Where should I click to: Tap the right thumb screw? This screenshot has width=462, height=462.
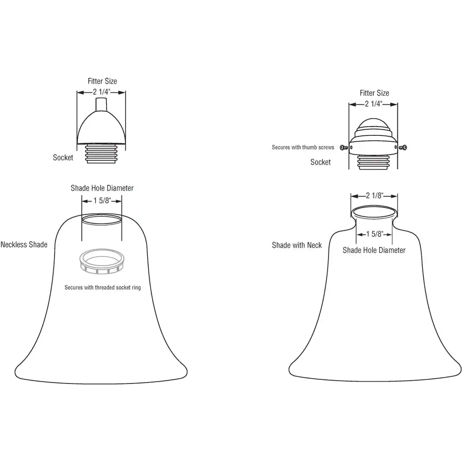tap(404, 147)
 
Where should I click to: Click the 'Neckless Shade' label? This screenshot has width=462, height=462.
tap(24, 244)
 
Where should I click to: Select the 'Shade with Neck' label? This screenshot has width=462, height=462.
tap(297, 245)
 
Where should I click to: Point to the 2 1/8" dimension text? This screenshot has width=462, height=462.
tap(374, 196)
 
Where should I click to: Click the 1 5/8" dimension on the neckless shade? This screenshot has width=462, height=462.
tap(102, 201)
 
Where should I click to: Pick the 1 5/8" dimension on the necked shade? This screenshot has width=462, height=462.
tap(374, 234)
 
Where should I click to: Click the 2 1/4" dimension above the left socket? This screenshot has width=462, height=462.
tap(101, 92)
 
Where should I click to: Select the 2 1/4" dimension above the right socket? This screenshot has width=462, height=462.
tap(373, 104)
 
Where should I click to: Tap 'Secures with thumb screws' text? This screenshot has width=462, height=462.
tap(303, 147)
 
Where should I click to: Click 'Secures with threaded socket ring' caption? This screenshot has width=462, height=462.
tap(103, 287)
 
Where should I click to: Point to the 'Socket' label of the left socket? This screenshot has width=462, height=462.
tap(63, 158)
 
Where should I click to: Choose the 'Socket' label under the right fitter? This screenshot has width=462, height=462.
tap(321, 162)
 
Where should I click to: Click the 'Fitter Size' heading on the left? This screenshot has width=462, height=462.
tap(103, 81)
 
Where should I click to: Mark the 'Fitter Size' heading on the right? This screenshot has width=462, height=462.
tap(374, 93)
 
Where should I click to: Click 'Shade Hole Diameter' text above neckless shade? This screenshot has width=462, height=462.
tap(102, 188)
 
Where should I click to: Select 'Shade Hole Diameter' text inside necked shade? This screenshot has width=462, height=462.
tap(374, 250)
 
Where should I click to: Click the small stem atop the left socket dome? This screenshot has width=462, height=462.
tap(101, 104)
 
